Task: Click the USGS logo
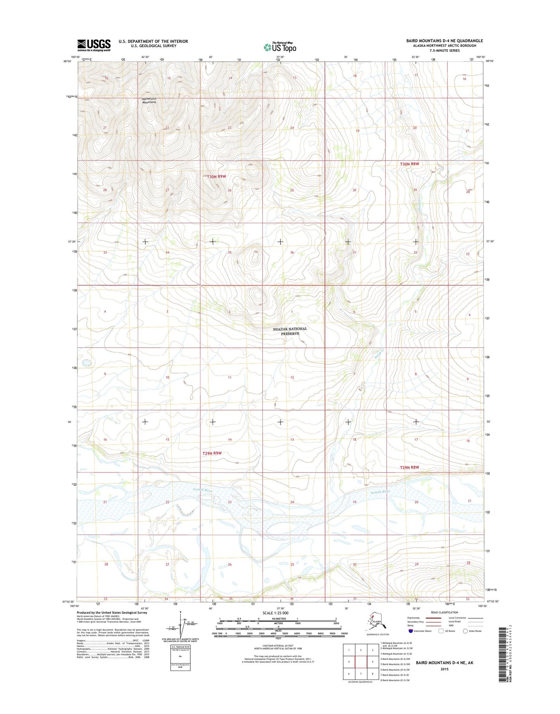94,45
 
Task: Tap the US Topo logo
280,47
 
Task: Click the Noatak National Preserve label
290,331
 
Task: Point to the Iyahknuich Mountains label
149,100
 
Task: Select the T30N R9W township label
216,176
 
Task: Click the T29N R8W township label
410,467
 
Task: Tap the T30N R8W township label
410,164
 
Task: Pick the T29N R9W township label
212,453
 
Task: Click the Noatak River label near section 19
380,492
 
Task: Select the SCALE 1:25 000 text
275,613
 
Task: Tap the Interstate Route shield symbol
410,631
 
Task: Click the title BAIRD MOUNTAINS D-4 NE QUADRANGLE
445,41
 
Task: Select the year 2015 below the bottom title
444,669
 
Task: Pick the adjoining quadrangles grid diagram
361,662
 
